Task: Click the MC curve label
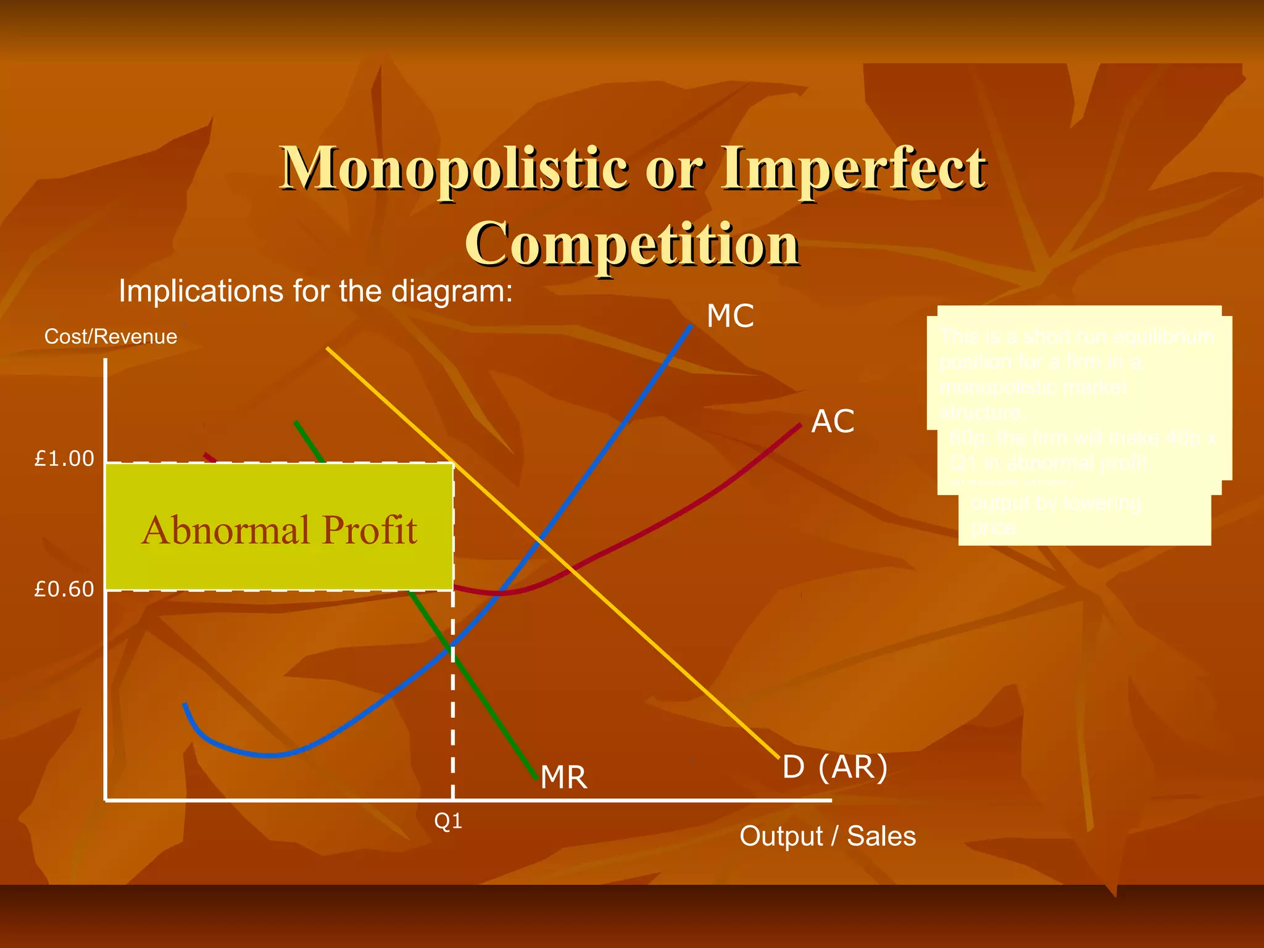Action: [x=730, y=317]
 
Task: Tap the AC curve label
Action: [x=833, y=422]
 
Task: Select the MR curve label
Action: [x=563, y=778]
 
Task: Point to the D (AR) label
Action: [x=835, y=767]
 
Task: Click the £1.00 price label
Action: [x=64, y=459]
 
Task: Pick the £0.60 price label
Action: [x=64, y=589]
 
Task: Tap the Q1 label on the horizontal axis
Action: [x=448, y=821]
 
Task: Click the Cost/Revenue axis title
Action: [x=110, y=337]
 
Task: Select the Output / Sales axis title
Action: [x=828, y=837]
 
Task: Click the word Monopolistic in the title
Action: [x=454, y=168]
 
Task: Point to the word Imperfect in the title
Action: [x=854, y=168]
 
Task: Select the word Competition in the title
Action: [x=632, y=243]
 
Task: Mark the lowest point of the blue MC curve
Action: [x=272, y=755]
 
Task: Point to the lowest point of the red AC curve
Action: [x=501, y=593]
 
